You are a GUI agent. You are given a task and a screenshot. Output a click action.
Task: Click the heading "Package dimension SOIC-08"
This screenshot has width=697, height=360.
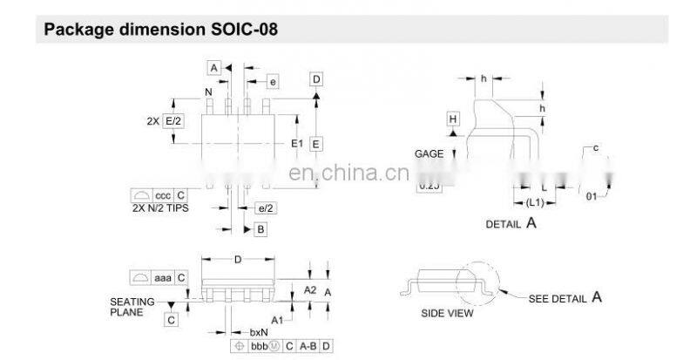click(161, 31)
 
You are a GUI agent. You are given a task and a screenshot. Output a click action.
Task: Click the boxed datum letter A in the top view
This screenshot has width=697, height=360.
click(214, 66)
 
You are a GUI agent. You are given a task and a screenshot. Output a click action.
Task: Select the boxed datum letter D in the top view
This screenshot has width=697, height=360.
click(316, 80)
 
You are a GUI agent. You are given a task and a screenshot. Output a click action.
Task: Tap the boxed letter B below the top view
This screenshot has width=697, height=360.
click(260, 229)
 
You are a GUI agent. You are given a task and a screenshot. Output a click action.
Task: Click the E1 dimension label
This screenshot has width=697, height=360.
click(296, 143)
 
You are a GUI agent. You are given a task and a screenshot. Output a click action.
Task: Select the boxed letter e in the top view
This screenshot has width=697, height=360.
click(273, 81)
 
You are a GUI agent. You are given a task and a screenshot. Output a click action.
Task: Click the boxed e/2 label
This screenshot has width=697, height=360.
click(266, 208)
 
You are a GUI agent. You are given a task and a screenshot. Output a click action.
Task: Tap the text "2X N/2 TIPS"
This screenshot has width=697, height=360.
click(159, 209)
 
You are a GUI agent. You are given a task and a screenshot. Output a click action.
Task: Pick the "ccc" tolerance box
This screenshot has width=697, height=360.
click(163, 195)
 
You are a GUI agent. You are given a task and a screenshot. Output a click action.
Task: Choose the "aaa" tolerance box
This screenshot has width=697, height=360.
click(163, 277)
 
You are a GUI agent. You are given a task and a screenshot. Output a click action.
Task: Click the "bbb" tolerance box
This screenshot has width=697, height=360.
click(259, 346)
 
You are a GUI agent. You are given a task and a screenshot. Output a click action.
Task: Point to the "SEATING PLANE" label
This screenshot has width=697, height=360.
click(132, 306)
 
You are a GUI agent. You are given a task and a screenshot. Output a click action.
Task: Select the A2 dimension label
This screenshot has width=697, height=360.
click(309, 289)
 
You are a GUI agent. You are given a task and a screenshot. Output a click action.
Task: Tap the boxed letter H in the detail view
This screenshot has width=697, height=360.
click(453, 119)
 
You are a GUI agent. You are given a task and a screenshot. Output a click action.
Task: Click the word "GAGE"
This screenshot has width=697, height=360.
click(430, 153)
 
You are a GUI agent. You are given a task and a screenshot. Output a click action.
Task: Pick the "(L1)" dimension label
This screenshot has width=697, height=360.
click(536, 202)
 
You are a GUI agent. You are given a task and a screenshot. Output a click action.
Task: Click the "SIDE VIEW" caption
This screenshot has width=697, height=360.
click(444, 312)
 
